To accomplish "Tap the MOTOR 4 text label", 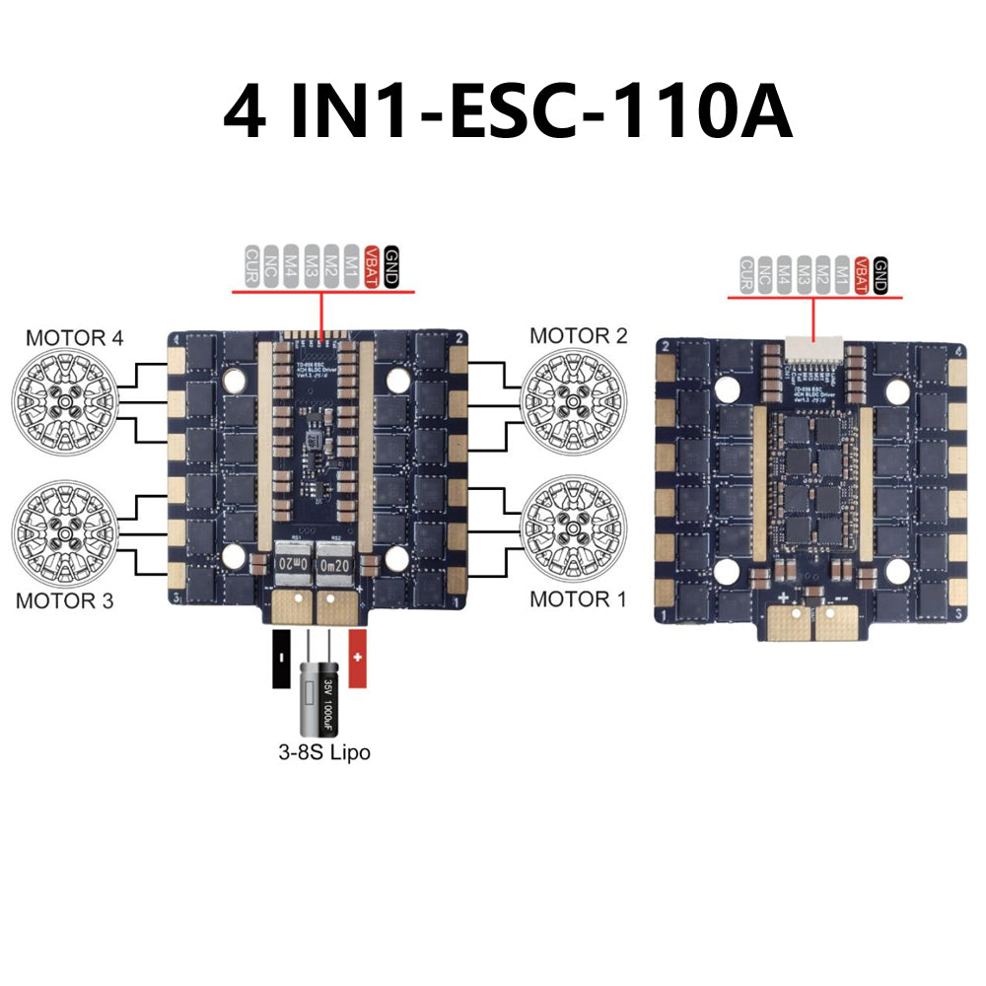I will (x=75, y=337).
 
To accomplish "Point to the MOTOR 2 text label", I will (x=578, y=335).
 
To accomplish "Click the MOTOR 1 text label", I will (x=578, y=599).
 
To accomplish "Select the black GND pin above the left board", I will (x=390, y=266).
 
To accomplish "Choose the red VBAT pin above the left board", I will (x=372, y=266).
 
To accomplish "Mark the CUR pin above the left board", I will (x=251, y=266).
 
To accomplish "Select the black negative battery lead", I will (x=280, y=661).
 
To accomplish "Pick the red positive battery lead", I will (x=358, y=661).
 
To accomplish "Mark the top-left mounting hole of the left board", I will (x=234, y=377).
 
